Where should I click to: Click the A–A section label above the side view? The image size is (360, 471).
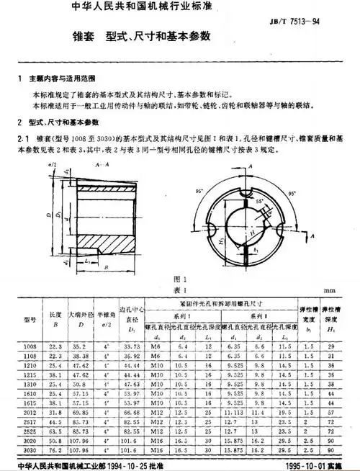102,165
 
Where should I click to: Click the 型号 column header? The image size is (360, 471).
30,320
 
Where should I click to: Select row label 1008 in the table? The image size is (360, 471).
30,347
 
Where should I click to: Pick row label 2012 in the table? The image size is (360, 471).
30,413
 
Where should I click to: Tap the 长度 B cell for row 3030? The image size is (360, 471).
55,450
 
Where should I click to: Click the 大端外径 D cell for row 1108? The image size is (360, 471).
80,356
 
